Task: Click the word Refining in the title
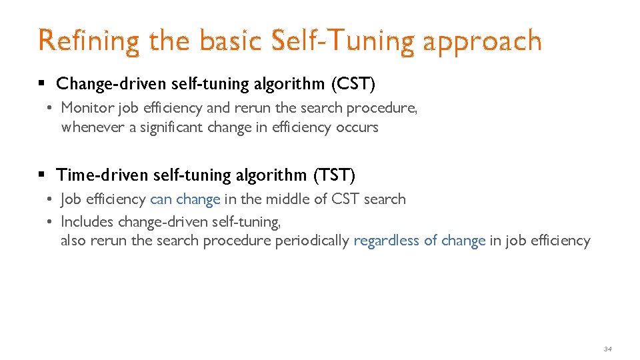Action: (x=89, y=41)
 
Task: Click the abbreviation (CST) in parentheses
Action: (x=353, y=84)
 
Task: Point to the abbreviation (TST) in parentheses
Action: (x=334, y=175)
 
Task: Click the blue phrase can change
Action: (x=185, y=199)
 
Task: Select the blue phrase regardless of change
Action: (x=419, y=241)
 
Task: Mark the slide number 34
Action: (x=607, y=349)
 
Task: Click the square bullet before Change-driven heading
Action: (x=41, y=85)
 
